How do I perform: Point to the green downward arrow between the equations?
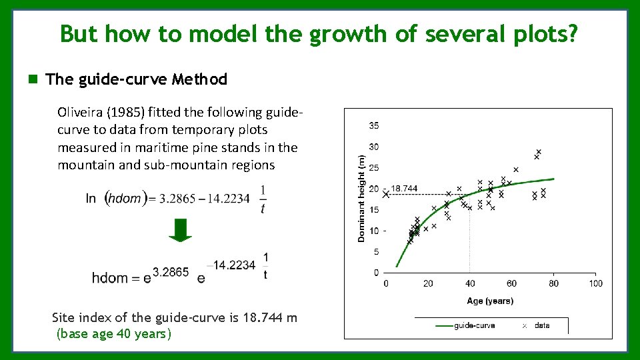[180, 229]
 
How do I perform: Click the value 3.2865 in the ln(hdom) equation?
[177, 198]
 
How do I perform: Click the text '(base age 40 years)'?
[114, 333]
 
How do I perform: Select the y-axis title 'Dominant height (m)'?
[361, 197]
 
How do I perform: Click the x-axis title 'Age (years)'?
[490, 301]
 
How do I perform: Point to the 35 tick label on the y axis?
[374, 125]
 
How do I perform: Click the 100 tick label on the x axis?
[595, 283]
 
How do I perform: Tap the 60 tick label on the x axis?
[511, 283]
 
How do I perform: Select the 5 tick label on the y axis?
[376, 252]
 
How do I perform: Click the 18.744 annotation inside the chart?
[404, 189]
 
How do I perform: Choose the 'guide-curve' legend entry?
[474, 325]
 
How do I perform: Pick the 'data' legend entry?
[542, 325]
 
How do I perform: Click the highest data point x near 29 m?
[539, 152]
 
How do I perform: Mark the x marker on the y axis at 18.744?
[386, 195]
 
